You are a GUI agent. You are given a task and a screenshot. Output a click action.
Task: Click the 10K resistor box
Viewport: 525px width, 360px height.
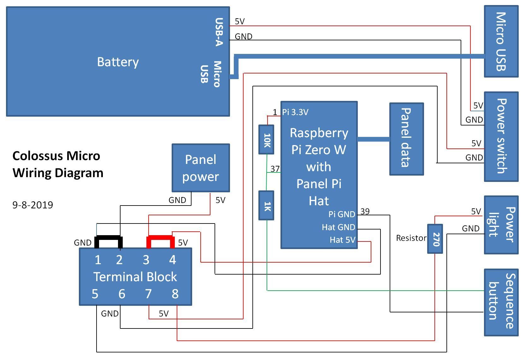(x=266, y=139)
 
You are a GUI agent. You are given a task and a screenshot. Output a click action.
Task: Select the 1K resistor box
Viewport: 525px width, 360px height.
(x=266, y=205)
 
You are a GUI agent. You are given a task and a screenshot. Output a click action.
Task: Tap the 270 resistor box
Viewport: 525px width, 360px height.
(x=435, y=239)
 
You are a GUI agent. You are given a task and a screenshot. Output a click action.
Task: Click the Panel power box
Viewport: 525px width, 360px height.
(x=201, y=168)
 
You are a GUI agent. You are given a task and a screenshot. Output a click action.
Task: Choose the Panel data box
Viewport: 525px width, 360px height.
(x=406, y=139)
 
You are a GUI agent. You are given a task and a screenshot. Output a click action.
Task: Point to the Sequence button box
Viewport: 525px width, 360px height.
(x=501, y=302)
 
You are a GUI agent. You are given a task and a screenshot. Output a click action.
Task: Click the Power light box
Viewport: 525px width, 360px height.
(x=501, y=224)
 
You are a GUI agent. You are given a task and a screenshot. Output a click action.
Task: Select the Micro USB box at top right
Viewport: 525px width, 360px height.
(x=501, y=41)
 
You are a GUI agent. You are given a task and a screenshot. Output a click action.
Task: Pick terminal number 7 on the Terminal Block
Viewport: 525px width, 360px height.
(x=148, y=294)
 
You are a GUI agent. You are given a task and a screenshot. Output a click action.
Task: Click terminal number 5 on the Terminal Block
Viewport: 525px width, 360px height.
(x=95, y=294)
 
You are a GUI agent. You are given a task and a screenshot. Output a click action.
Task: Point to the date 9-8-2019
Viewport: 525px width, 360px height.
(x=33, y=205)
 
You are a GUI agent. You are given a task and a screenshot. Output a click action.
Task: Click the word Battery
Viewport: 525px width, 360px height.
(x=118, y=62)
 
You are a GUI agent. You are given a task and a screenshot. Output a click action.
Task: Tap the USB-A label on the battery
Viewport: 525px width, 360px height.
(x=219, y=32)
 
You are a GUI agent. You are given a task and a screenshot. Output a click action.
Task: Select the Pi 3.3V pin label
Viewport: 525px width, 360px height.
(x=295, y=112)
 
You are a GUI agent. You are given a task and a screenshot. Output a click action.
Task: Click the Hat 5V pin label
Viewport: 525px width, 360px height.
(x=342, y=240)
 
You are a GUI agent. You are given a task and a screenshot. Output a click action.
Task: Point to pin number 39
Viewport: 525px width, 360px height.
(x=365, y=211)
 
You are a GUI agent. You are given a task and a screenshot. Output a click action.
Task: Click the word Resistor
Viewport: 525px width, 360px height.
(x=411, y=238)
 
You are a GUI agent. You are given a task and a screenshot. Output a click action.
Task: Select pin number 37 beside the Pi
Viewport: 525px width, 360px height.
(x=275, y=169)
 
